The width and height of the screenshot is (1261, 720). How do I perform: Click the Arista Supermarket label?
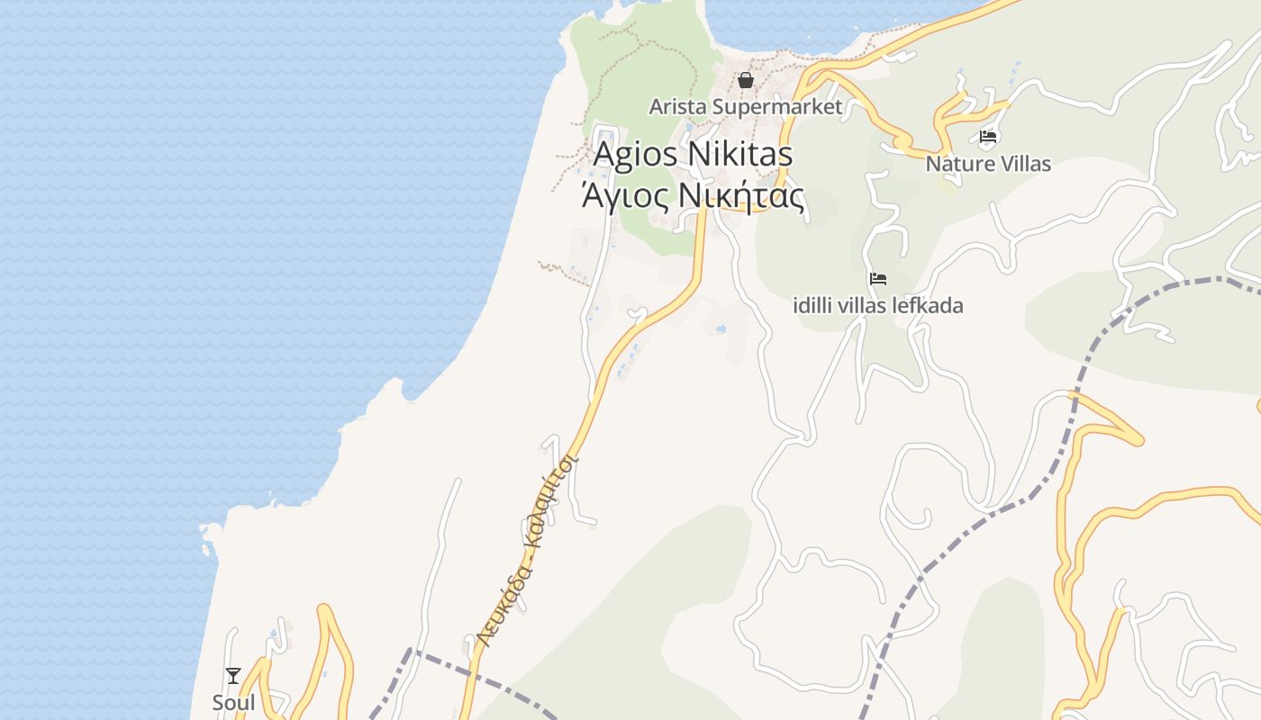tap(746, 107)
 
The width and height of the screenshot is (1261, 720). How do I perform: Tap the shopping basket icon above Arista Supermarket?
tap(746, 81)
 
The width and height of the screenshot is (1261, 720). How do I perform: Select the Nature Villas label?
tap(988, 164)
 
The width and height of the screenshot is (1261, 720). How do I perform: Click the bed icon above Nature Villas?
tap(988, 138)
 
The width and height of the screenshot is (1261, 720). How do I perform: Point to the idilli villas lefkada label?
tap(877, 305)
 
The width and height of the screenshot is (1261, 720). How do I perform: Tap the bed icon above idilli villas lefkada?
tap(878, 279)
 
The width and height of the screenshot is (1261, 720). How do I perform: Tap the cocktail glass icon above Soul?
tap(233, 675)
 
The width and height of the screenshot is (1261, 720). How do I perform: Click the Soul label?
tap(233, 702)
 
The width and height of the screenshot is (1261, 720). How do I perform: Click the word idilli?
tap(812, 305)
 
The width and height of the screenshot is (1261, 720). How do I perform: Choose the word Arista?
tap(677, 107)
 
